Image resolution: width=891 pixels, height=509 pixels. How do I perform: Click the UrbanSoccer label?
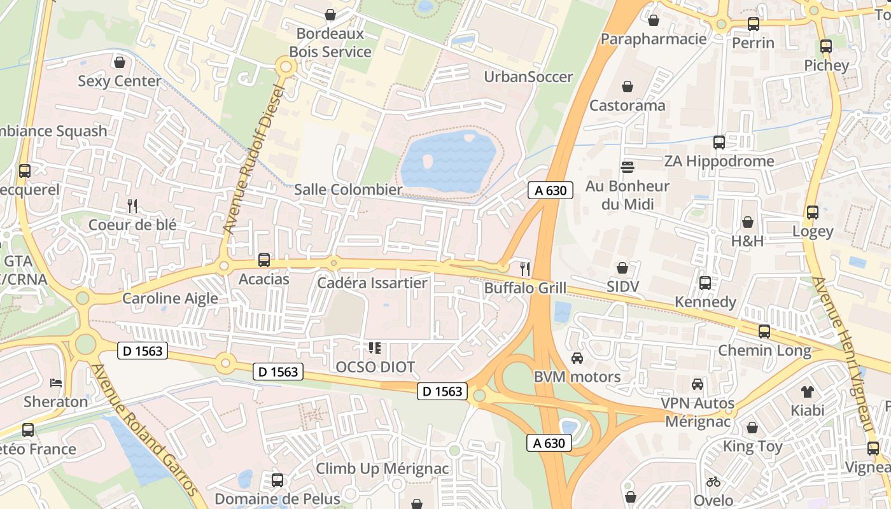[528, 77]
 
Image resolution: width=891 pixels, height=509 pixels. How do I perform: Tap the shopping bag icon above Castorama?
[628, 87]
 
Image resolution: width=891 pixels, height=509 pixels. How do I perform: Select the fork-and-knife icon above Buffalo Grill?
[525, 268]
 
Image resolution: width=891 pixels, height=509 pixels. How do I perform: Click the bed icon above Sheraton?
[56, 383]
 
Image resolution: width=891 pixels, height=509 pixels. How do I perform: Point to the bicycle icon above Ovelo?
[713, 482]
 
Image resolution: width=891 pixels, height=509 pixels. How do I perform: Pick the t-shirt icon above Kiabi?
[808, 391]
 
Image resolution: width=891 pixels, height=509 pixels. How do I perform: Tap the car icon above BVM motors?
[577, 358]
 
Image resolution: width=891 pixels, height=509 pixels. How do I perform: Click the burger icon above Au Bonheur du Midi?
[628, 167]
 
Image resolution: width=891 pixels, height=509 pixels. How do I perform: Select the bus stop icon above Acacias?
[264, 260]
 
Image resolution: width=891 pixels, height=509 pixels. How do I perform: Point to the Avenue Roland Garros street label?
[145, 431]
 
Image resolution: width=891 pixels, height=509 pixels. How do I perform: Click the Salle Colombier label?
[348, 190]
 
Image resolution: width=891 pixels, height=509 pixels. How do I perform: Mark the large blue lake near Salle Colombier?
[449, 160]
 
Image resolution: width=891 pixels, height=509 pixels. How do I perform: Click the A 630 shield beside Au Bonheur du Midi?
[551, 190]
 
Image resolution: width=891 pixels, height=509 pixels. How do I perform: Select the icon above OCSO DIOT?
[375, 348]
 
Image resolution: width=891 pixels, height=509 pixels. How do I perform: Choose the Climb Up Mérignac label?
[382, 469]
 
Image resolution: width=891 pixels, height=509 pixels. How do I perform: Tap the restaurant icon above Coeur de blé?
[132, 206]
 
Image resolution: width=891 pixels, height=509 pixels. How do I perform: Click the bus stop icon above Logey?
[813, 213]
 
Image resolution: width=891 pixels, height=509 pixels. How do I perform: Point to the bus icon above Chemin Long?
[764, 331]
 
